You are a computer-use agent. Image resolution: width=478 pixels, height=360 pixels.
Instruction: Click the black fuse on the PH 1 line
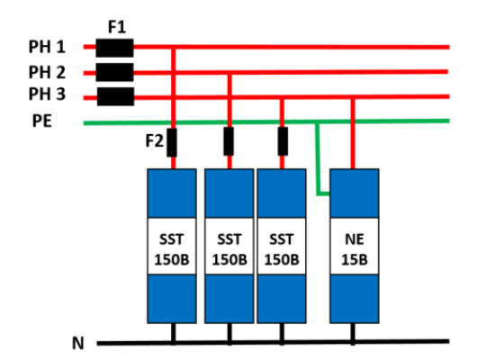click(x=115, y=47)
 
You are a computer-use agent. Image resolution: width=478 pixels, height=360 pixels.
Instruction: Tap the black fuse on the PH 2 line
click(x=115, y=72)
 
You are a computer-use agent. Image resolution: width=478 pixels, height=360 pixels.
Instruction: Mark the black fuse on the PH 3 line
click(x=115, y=96)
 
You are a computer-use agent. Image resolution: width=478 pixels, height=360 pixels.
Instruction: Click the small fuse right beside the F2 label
click(x=173, y=142)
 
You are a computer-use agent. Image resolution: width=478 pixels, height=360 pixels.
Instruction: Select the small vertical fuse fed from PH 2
click(x=230, y=142)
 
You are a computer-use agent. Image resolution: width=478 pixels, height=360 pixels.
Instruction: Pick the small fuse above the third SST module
click(x=283, y=142)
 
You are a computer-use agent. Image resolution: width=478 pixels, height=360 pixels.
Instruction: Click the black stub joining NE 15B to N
click(x=353, y=333)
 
